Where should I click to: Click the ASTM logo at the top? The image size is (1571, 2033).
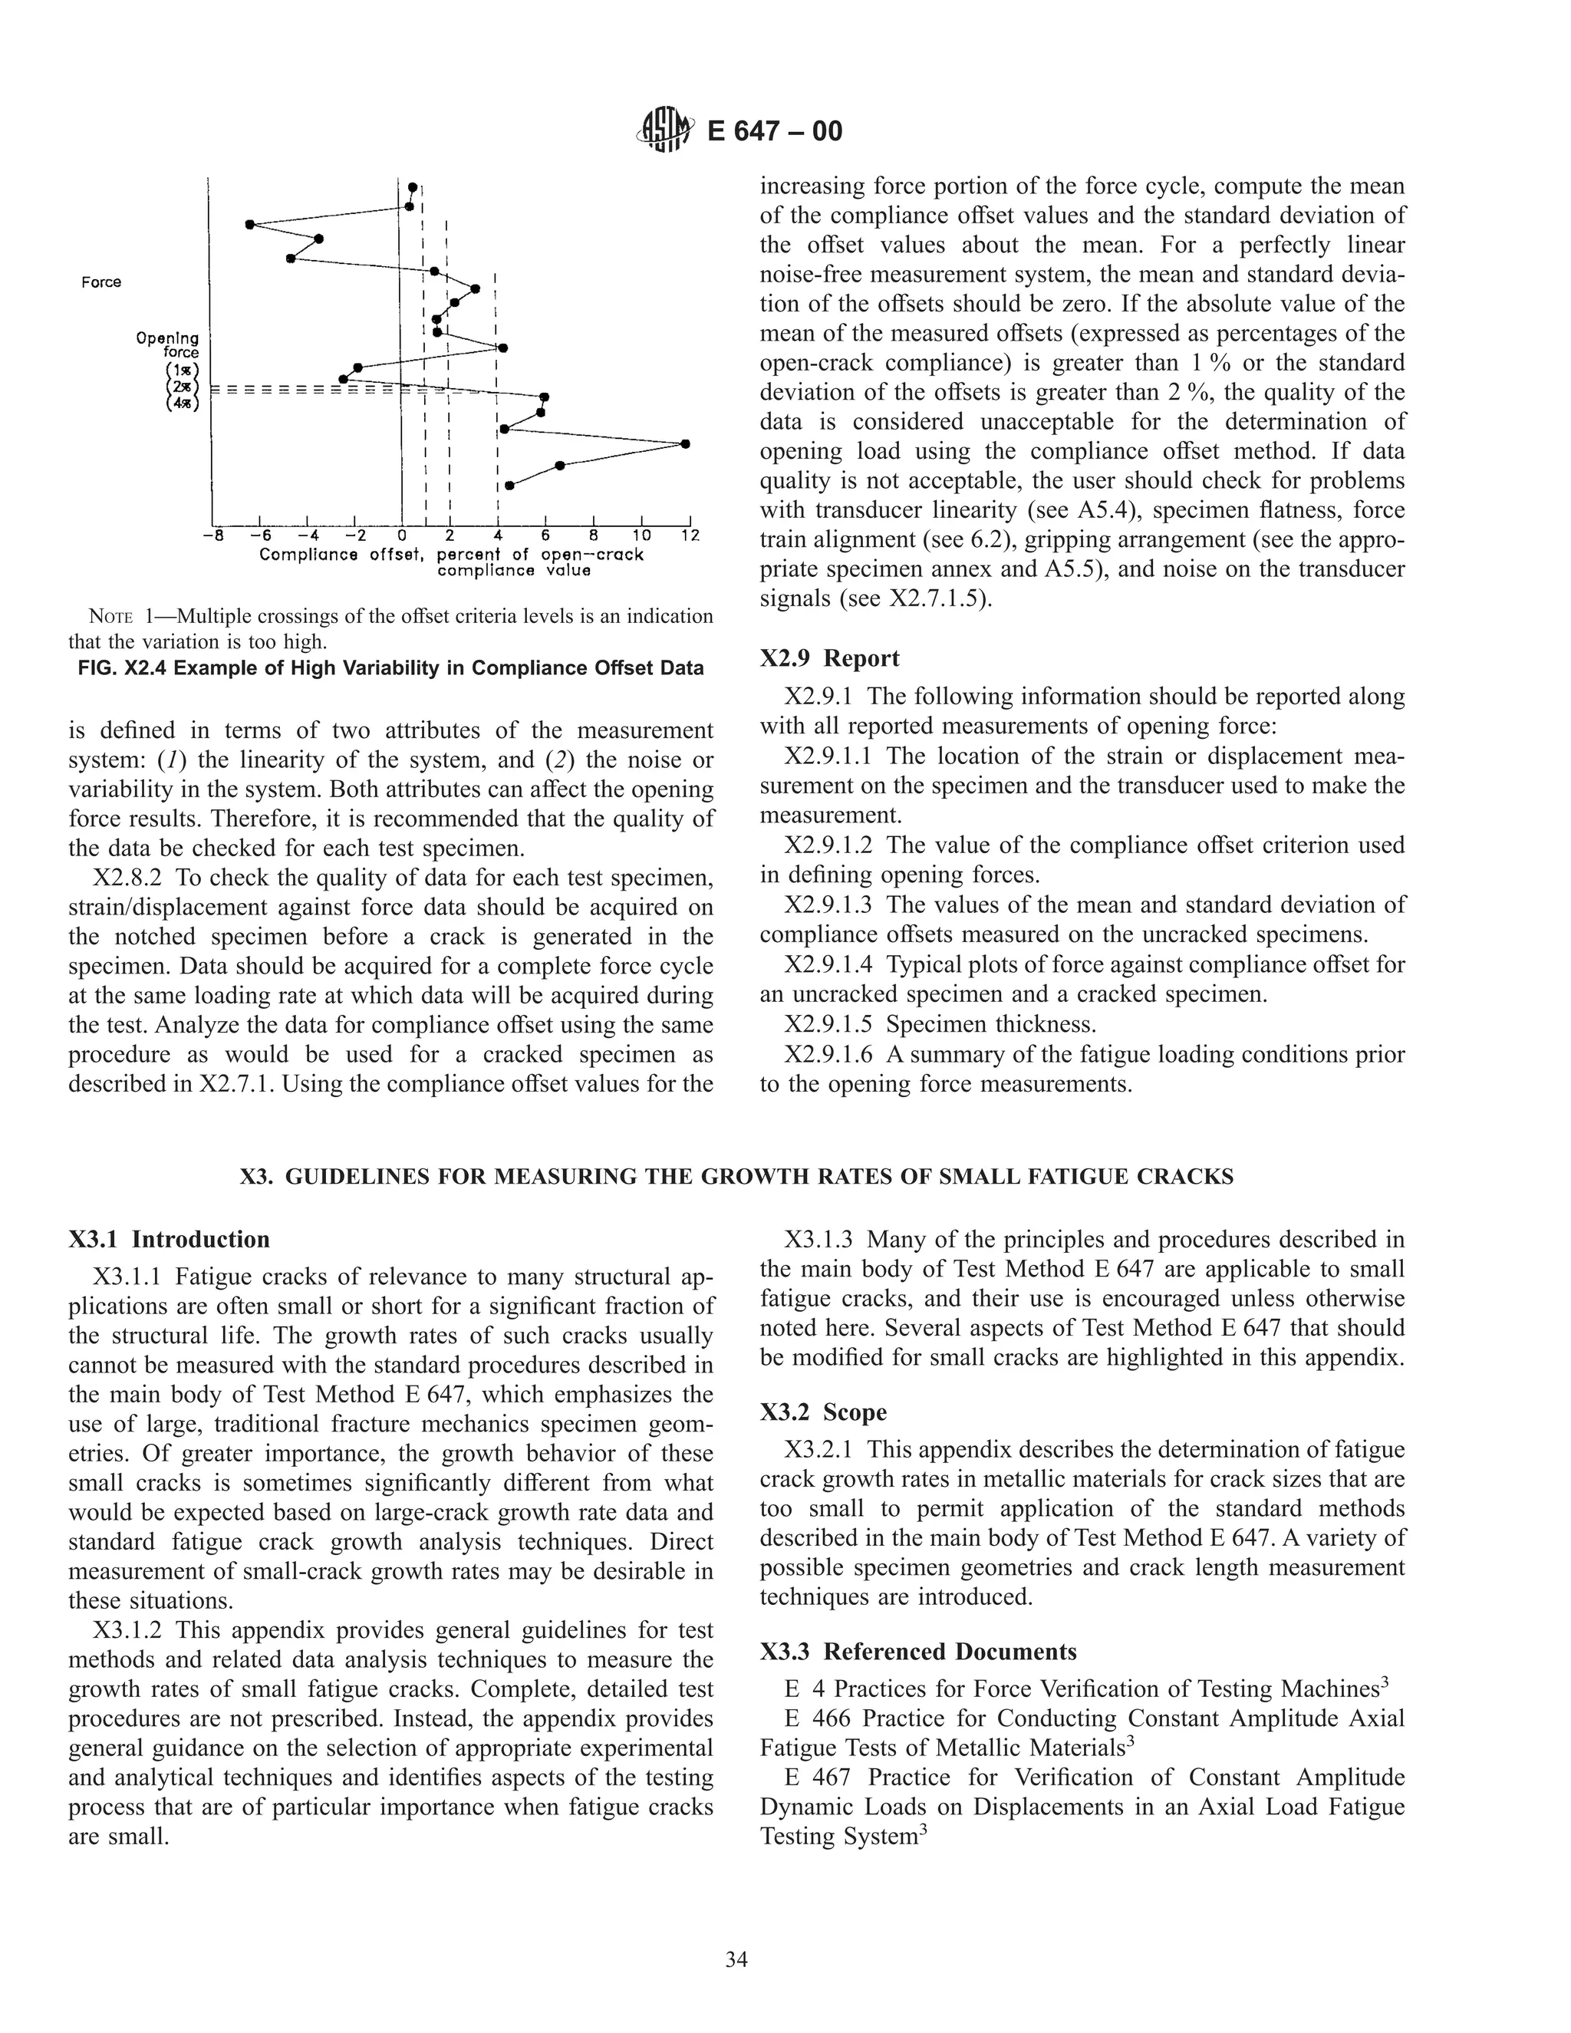[664, 131]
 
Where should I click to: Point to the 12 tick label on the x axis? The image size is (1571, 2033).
[690, 536]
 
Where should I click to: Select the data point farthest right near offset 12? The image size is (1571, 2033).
[686, 444]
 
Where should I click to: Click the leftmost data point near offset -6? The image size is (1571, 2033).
[249, 224]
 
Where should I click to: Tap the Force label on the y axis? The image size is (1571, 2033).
[100, 282]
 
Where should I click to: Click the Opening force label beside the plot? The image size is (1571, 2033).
[169, 345]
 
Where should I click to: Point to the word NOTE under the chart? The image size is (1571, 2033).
[109, 616]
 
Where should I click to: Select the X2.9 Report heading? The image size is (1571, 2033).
[829, 658]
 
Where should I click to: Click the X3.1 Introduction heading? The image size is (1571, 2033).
[169, 1239]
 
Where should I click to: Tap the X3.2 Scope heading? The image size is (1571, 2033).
[823, 1412]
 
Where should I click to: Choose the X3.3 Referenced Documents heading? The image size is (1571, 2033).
[917, 1652]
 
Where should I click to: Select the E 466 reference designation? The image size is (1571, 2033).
[816, 1718]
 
